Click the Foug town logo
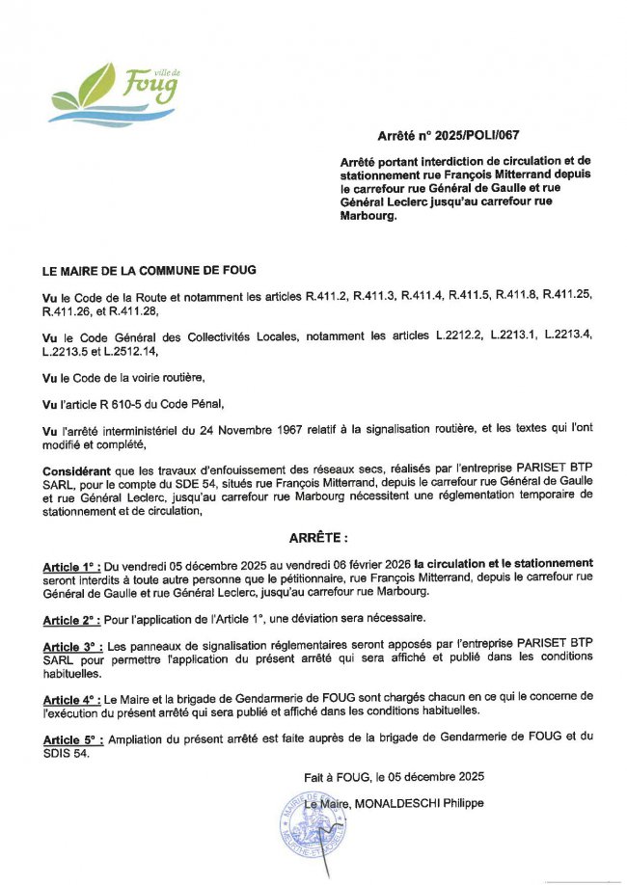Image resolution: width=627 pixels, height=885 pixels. click(115, 92)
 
